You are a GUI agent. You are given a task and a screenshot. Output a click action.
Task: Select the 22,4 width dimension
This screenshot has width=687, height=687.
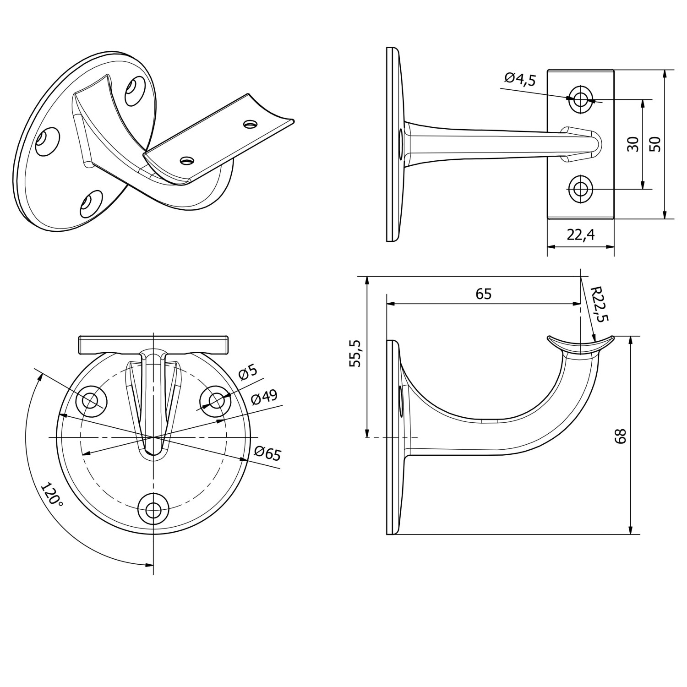tap(580, 234)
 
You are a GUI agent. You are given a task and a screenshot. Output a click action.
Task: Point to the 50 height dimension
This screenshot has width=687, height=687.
tap(655, 144)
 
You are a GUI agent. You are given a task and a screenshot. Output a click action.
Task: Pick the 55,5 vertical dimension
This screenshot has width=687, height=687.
tap(355, 353)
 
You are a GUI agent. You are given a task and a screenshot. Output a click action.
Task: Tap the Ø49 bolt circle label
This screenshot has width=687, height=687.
tap(264, 397)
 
